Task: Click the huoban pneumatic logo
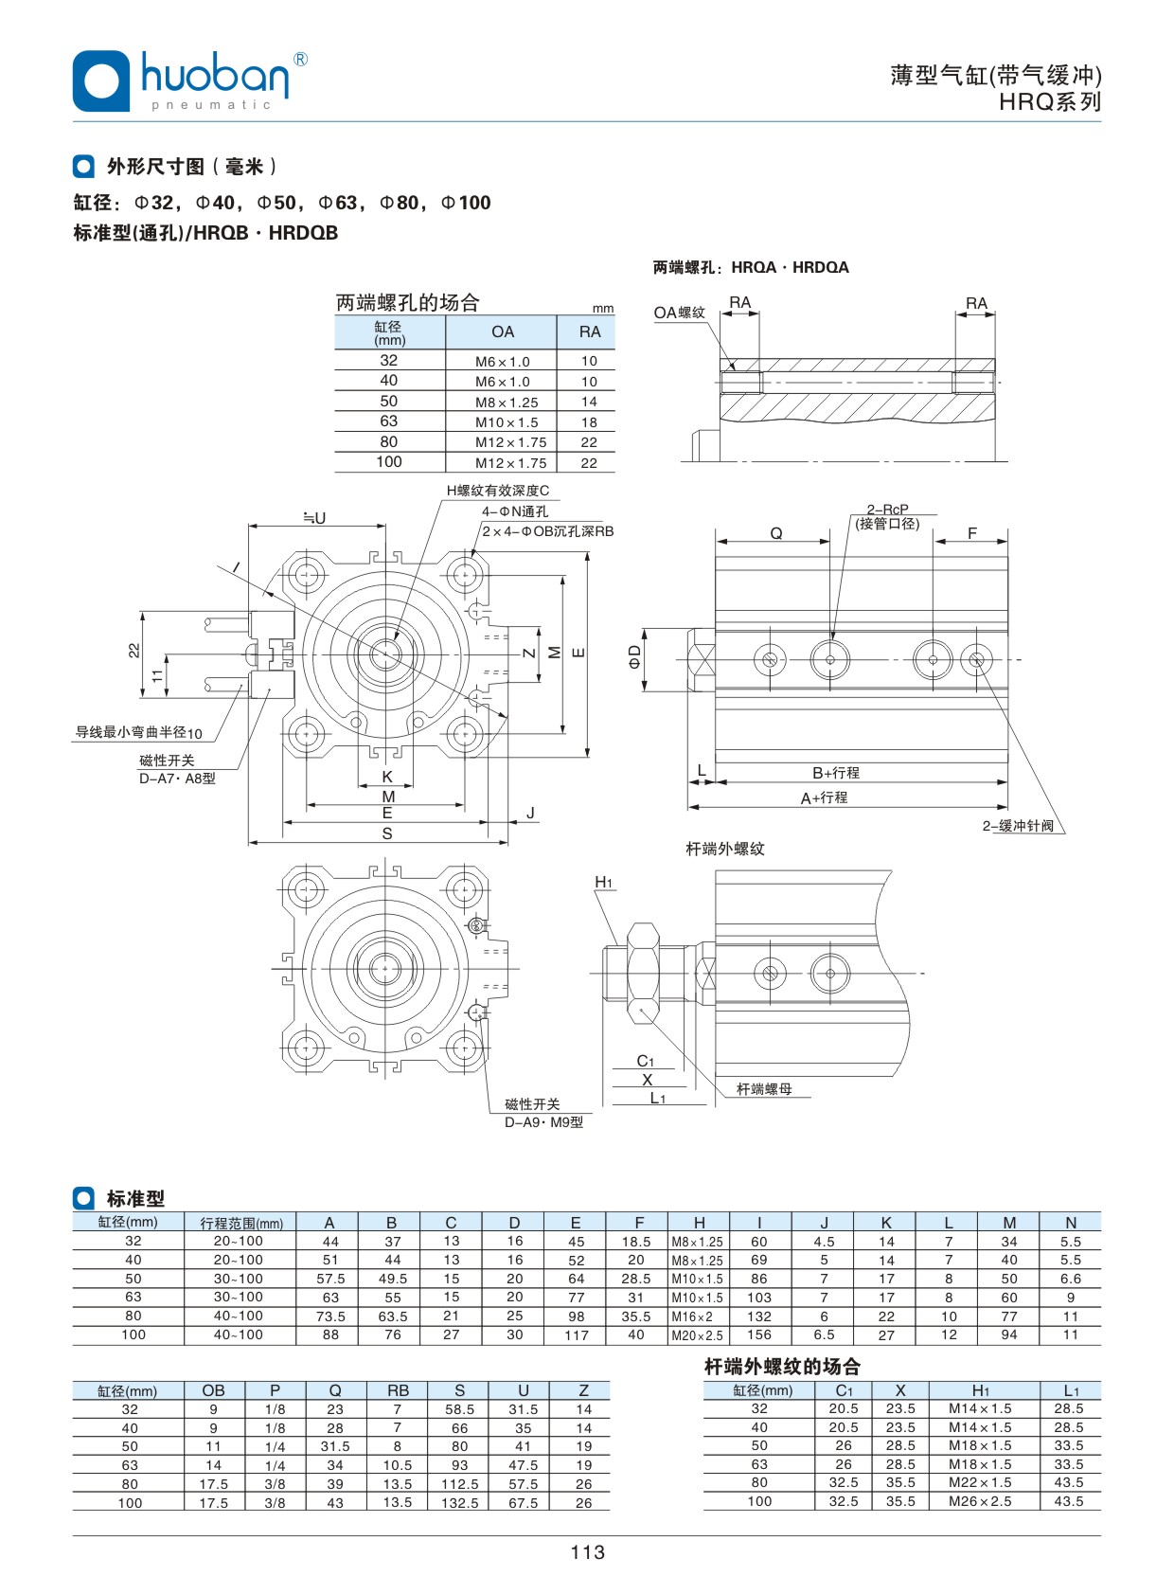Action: [189, 81]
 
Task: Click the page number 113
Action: [587, 1551]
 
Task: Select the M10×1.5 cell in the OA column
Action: [507, 422]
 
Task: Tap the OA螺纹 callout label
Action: [679, 313]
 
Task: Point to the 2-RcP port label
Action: [887, 510]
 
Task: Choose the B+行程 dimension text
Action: [836, 773]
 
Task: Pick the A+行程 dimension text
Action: [824, 798]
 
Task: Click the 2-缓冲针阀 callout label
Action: [1018, 826]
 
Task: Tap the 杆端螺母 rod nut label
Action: [764, 1089]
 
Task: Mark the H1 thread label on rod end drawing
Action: [604, 883]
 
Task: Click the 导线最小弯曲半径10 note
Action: [138, 732]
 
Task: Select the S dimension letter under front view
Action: [387, 833]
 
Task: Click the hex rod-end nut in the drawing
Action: [643, 972]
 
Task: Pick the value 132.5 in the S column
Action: [459, 1502]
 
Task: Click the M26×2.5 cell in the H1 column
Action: [980, 1501]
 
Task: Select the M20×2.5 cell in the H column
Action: [697, 1335]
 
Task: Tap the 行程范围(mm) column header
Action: [241, 1223]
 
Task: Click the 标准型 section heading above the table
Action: [135, 1198]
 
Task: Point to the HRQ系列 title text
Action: [1050, 102]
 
